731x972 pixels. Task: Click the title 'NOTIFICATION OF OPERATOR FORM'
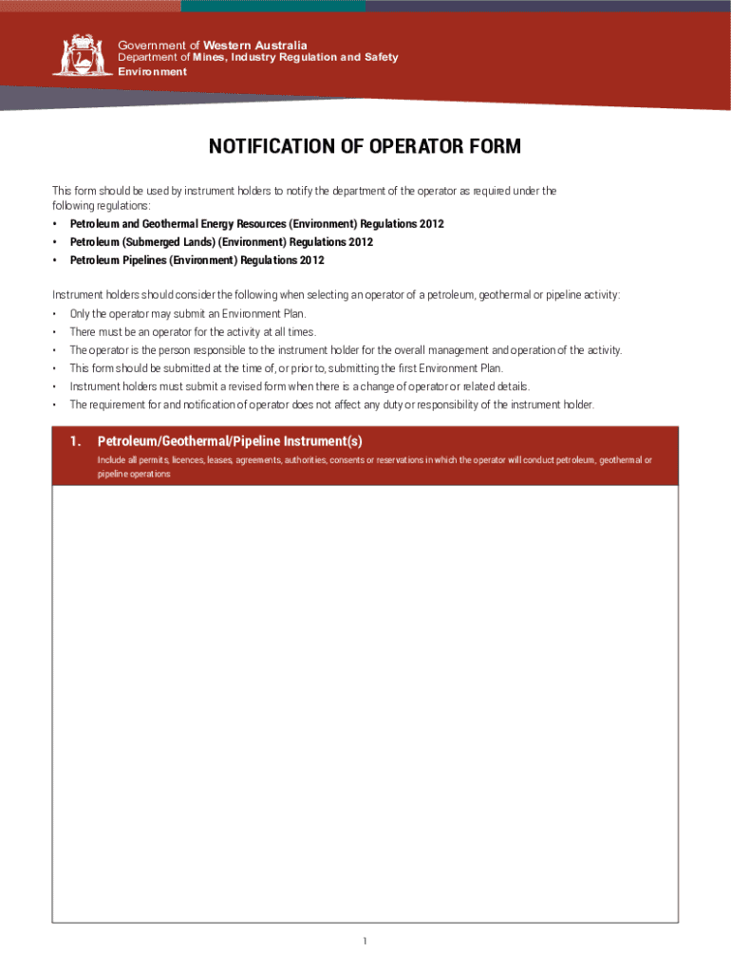(x=365, y=147)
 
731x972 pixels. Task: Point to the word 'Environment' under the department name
(x=152, y=72)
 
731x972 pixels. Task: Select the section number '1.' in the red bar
(x=75, y=441)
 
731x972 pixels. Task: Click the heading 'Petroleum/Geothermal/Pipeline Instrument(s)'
(x=230, y=441)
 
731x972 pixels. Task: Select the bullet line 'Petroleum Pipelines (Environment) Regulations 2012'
(x=197, y=260)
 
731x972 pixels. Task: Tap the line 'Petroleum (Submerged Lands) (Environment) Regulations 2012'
(x=221, y=242)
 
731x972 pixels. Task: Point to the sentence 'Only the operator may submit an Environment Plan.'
(x=188, y=314)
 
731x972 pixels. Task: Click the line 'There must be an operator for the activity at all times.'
(x=193, y=332)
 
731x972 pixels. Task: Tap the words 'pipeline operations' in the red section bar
(x=134, y=474)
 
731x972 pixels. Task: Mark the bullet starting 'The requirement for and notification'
(x=331, y=404)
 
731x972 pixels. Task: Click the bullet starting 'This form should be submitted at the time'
(x=286, y=368)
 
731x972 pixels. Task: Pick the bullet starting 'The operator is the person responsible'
(x=346, y=350)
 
